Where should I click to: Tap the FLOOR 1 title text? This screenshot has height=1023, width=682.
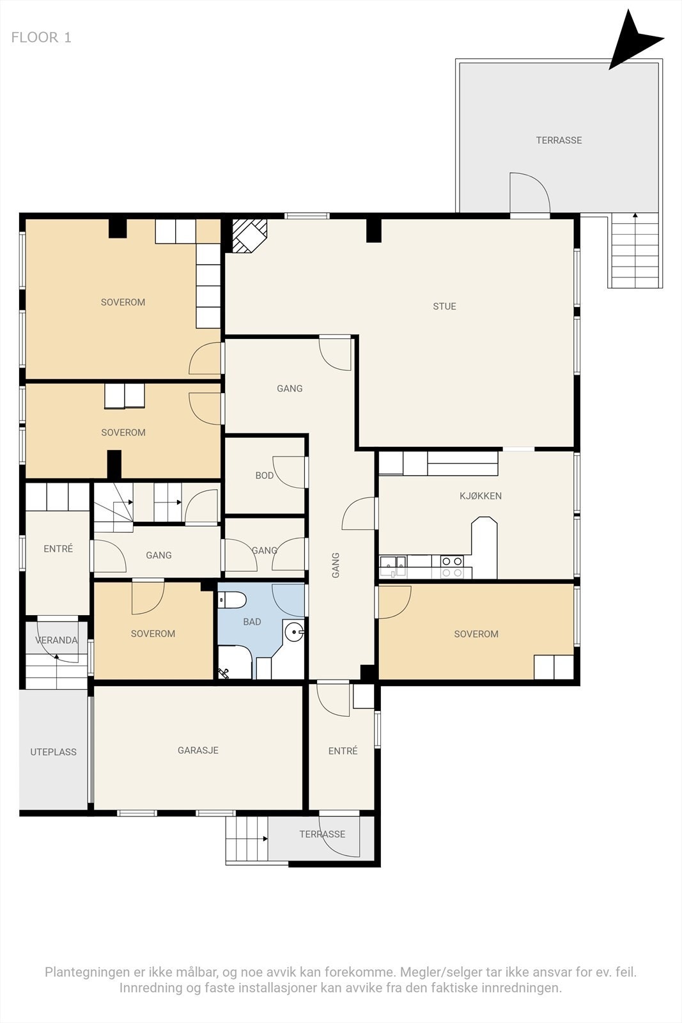tap(41, 38)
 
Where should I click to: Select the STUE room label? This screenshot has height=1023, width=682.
tap(444, 306)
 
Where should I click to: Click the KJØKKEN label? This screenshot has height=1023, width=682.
tap(480, 496)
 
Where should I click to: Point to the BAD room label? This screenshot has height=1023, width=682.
tap(252, 621)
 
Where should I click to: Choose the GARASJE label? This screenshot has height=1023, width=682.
tap(198, 751)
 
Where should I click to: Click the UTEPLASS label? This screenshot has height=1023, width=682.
tap(54, 752)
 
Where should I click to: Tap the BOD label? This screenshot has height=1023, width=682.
tap(265, 476)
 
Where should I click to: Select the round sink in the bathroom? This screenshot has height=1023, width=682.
tap(293, 632)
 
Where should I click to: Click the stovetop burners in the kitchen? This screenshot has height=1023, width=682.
tap(452, 566)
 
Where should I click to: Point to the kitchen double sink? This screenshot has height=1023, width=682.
tap(392, 566)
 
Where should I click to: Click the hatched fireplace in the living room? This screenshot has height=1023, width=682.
tap(249, 236)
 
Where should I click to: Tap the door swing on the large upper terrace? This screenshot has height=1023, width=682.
tap(529, 192)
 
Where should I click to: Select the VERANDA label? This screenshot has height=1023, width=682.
tap(56, 640)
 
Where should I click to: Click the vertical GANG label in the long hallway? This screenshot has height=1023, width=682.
tap(336, 565)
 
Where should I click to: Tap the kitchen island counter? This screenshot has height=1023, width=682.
tap(484, 547)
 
